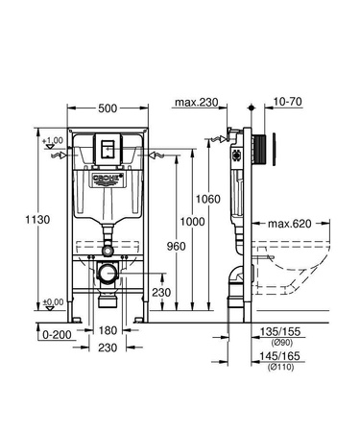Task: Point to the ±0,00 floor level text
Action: tap(55, 302)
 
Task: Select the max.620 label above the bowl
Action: tap(287, 224)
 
